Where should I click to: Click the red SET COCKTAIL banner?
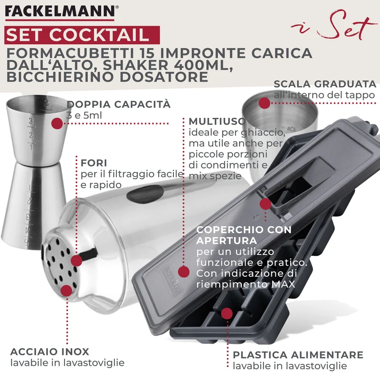82,35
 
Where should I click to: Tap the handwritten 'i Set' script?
334,26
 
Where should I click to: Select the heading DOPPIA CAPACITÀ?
119,104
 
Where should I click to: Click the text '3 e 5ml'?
84,115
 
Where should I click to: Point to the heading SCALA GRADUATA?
325,84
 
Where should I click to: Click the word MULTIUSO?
217,121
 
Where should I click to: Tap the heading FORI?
94,163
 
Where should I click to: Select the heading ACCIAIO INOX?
50,351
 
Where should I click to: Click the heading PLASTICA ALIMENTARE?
298,355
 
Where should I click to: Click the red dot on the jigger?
57,123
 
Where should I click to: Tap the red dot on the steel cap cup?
265,104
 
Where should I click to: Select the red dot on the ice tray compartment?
227,314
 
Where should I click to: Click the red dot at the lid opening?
266,204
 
